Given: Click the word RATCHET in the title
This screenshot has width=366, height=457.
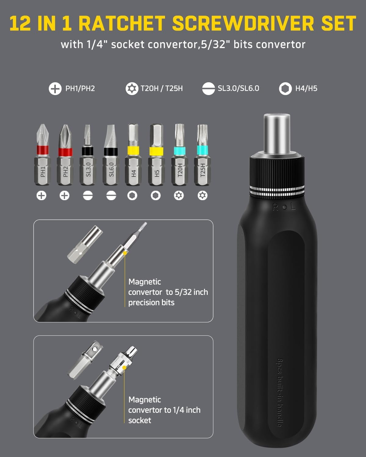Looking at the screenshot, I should click(x=123, y=23).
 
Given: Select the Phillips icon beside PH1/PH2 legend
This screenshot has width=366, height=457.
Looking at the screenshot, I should click(x=55, y=89).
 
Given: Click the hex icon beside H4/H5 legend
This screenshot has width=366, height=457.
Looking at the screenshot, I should click(x=285, y=89).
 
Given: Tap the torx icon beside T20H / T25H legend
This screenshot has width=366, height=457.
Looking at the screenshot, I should click(x=132, y=89).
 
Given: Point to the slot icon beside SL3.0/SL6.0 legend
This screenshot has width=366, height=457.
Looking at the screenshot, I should click(x=208, y=89).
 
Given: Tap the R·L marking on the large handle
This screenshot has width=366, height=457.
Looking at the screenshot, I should click(x=284, y=207).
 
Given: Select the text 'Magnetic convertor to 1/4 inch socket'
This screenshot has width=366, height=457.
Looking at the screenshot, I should click(x=164, y=410).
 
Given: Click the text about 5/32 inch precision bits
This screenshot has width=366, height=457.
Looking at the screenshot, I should click(x=168, y=292).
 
